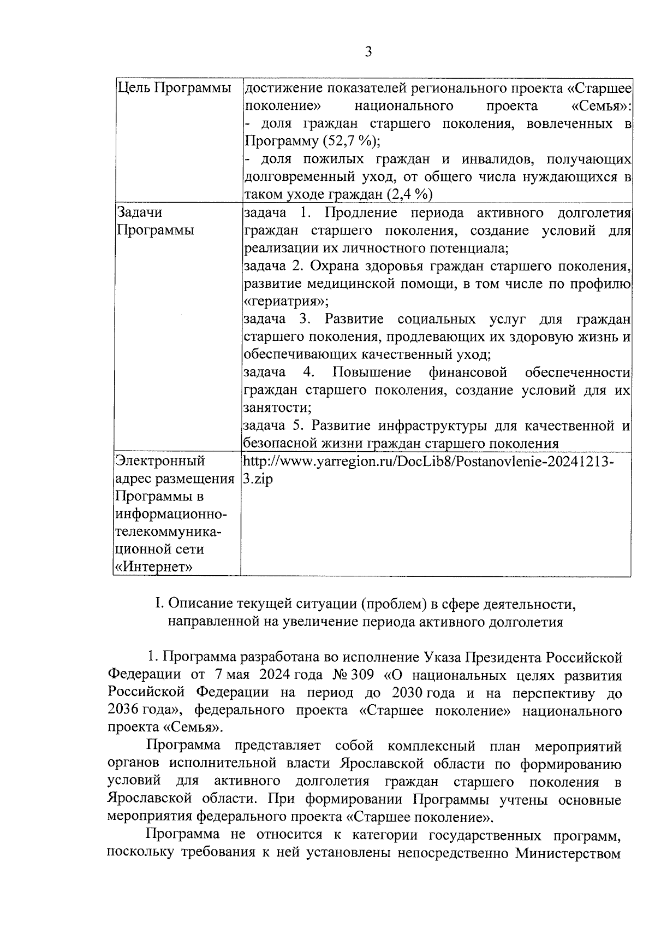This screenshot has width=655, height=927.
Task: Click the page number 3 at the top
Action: click(368, 52)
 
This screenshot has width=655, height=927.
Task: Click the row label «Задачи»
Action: click(140, 212)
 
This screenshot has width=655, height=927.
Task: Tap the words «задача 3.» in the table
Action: click(277, 319)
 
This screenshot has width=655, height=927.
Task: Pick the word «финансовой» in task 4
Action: click(468, 373)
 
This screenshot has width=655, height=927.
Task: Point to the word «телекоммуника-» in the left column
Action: click(168, 532)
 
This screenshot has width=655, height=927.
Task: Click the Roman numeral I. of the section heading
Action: click(159, 604)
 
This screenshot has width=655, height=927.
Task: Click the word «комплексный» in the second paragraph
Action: click(426, 746)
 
